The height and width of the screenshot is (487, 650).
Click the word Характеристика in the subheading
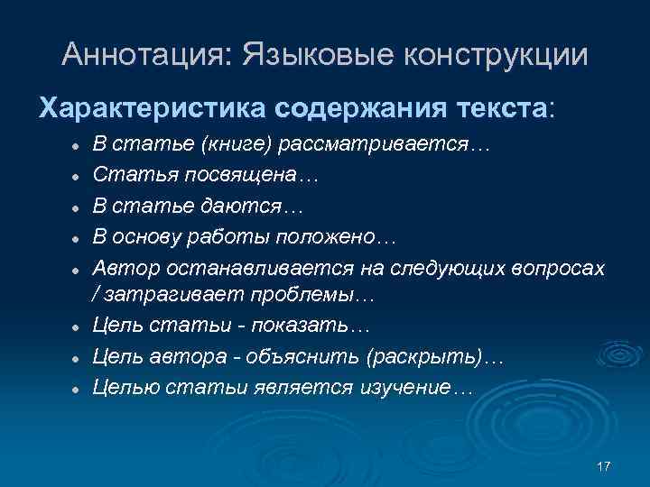pyautogui.click(x=153, y=109)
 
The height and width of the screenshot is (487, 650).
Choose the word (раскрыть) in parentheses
pyautogui.click(x=425, y=357)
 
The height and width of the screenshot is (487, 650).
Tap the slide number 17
pyautogui.click(x=604, y=465)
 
